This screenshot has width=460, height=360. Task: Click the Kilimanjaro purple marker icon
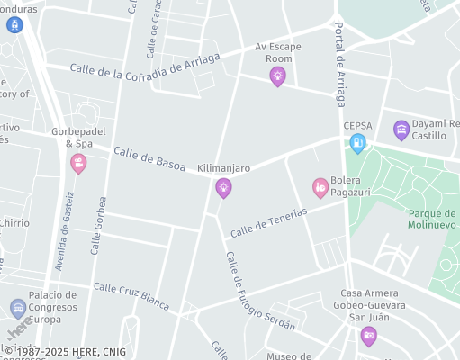coord(223,187)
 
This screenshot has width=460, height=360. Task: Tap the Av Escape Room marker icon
coord(277,76)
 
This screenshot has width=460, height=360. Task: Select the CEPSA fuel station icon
coord(357,142)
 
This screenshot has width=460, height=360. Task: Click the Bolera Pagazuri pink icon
coord(320,186)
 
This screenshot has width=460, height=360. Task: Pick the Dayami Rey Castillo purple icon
coord(401,130)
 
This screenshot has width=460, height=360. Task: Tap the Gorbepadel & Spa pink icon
coord(78,163)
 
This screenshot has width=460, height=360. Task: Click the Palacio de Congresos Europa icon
coord(18,309)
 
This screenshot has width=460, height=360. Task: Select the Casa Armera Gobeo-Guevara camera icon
coord(368,336)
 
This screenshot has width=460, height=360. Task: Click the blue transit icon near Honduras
coord(13,24)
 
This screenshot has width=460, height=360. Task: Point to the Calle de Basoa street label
coord(149,159)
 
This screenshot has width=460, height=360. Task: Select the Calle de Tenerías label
coord(268,222)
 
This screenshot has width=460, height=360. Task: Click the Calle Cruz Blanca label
coord(131,296)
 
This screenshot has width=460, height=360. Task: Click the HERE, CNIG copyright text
coord(66,352)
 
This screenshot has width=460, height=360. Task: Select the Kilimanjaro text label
coord(223,168)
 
